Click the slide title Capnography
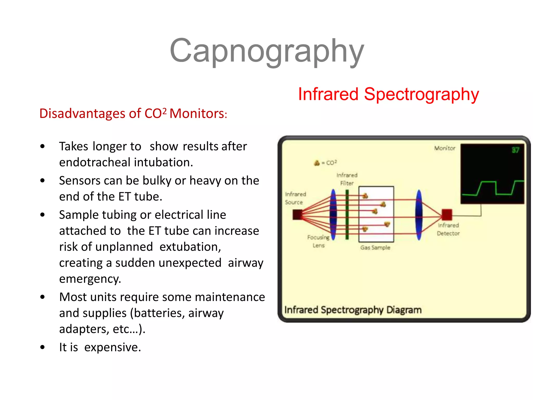point(266,51)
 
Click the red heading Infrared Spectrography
point(388,94)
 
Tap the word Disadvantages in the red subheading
point(82,114)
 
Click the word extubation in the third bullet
point(190,247)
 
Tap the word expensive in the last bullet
point(112,347)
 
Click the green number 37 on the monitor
point(515,150)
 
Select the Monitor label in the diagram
point(445,148)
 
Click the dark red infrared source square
point(297,215)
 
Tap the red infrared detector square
point(447,215)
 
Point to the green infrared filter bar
point(347,215)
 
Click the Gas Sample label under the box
point(375,248)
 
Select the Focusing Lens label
point(318,241)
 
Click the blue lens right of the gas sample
point(419,215)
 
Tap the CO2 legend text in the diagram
point(331,163)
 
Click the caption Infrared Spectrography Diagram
point(353,310)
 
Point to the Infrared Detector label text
point(448,229)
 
